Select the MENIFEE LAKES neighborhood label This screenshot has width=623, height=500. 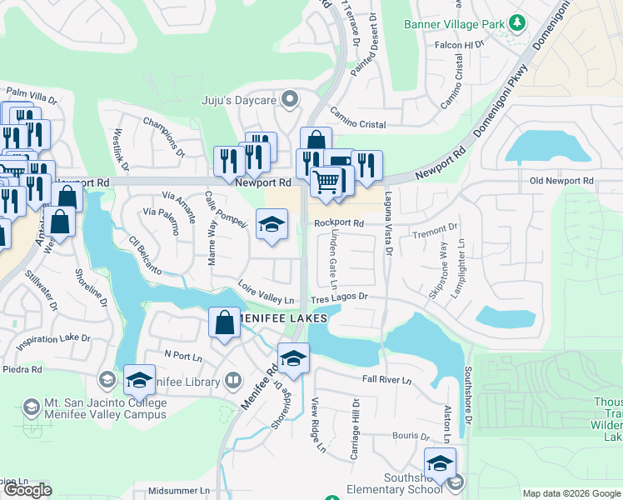tap(275, 318)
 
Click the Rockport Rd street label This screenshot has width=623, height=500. tap(339, 223)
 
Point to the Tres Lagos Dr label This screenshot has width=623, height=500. tap(339, 297)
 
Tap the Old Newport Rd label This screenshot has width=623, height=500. tap(561, 181)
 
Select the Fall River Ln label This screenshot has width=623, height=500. tap(387, 380)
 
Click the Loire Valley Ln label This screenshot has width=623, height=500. tap(267, 294)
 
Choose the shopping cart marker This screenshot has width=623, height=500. tap(326, 182)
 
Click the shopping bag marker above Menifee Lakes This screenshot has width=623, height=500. tap(225, 323)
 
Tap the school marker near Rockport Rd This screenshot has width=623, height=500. tap(272, 223)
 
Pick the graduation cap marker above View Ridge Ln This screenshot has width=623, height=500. tap(293, 358)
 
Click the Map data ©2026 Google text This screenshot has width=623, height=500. tap(571, 493)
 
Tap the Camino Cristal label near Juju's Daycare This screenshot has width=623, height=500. tap(357, 124)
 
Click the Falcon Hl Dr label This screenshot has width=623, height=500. tap(453, 45)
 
